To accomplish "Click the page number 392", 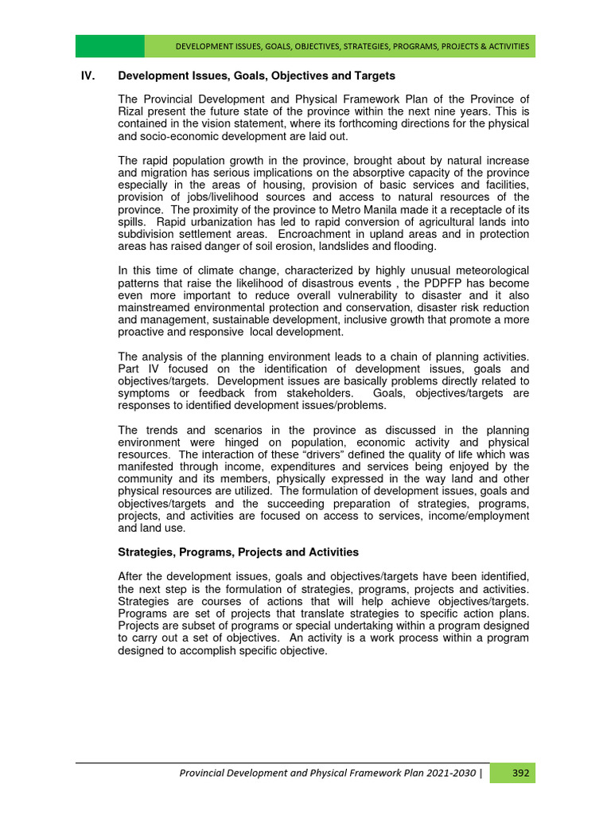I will point(520,772).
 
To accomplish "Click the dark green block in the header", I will point(110,46).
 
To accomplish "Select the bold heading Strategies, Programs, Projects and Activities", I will point(238,552).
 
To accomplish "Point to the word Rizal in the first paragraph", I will point(132,111).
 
